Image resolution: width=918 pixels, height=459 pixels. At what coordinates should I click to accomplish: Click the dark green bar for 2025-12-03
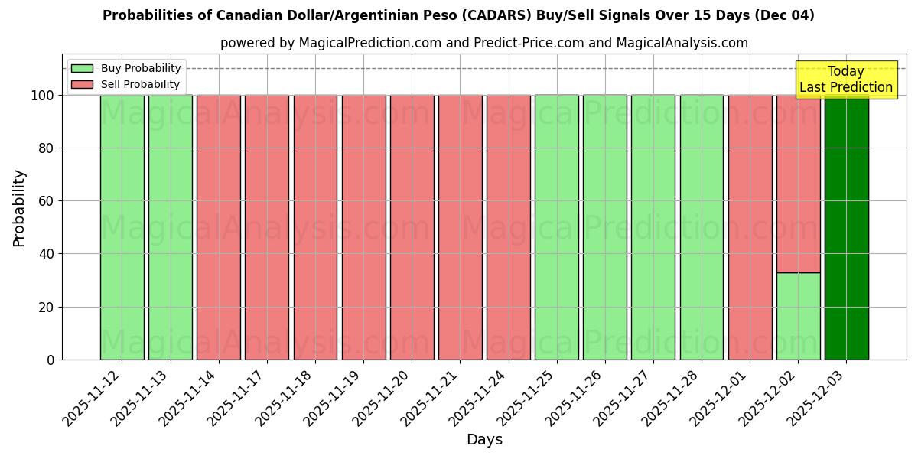pos(846,227)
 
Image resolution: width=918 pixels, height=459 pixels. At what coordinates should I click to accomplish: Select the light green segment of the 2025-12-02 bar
pos(798,316)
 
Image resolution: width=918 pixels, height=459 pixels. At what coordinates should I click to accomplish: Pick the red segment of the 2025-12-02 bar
pos(798,184)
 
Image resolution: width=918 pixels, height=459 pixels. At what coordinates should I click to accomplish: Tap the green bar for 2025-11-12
pos(122,227)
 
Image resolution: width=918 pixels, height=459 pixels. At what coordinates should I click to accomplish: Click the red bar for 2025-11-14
pos(218,227)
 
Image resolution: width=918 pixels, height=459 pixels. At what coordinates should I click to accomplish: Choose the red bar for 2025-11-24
pos(508,227)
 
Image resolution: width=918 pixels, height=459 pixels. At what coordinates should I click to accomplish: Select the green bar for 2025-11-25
pos(556,227)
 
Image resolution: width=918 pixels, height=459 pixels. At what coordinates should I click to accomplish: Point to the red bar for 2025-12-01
pos(750,227)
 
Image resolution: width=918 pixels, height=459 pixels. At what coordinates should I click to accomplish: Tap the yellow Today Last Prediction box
pos(846,80)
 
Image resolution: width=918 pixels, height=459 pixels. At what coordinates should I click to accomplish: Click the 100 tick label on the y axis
pos(41,96)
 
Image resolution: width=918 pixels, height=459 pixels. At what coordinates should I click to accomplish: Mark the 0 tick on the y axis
pos(50,360)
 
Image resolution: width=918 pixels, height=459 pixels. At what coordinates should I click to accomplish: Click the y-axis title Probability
pos(19,208)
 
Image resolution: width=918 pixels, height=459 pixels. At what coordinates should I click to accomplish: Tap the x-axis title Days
pos(484,440)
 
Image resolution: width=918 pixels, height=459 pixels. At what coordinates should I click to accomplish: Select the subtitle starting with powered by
pos(484,43)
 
